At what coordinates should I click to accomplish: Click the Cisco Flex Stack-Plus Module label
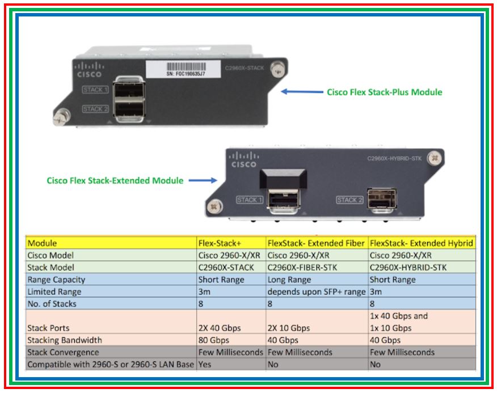point(384,92)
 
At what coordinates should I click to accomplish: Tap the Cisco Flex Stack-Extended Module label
point(115,181)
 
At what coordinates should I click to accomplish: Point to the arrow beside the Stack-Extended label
point(203,181)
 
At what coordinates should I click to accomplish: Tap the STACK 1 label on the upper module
point(94,90)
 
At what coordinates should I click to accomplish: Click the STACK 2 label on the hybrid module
point(349,200)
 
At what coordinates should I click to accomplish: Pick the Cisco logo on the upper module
point(89,70)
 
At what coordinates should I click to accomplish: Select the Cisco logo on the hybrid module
point(243,159)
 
